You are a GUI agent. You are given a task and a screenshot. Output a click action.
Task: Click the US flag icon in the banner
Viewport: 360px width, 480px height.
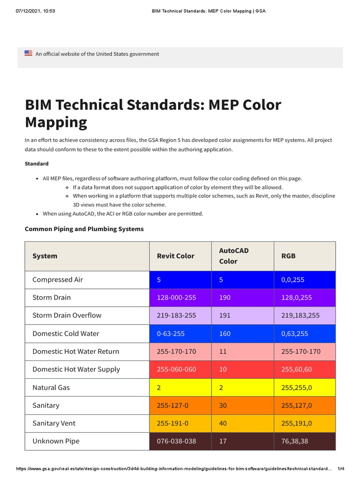coord(28,53)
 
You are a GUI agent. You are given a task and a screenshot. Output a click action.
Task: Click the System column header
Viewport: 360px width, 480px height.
coord(45,256)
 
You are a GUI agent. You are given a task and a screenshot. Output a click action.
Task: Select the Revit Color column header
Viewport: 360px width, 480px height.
coord(175,256)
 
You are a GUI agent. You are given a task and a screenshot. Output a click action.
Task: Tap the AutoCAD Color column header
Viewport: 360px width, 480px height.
coord(234,256)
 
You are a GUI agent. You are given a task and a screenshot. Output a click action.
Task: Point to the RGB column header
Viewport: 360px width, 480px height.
coord(288,256)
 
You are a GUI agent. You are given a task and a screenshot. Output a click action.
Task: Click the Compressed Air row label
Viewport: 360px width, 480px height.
coord(58,280)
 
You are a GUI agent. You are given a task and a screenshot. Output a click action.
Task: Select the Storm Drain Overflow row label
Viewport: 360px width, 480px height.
coord(67,315)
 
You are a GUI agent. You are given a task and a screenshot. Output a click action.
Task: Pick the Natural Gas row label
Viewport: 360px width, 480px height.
coord(51,388)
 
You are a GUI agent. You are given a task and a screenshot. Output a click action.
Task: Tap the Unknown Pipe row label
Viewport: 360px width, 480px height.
coord(56,441)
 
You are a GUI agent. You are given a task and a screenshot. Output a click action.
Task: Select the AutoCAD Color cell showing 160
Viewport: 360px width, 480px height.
coord(225,334)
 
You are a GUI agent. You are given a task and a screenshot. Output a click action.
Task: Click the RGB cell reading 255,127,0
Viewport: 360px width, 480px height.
coord(297,405)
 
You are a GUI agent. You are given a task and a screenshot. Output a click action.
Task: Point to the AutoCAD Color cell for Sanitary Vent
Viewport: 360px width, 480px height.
coord(223,423)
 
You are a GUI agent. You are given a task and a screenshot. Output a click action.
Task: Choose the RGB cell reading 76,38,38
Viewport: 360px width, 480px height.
coord(295,441)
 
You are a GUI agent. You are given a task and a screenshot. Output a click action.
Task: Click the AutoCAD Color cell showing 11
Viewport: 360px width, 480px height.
coord(223,352)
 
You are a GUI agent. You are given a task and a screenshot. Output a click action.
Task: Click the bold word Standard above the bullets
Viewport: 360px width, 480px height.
coord(37,164)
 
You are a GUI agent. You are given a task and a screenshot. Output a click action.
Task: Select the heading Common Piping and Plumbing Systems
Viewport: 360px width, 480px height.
coord(84,229)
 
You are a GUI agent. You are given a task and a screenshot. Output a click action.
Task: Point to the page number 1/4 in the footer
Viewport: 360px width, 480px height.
coord(341,469)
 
